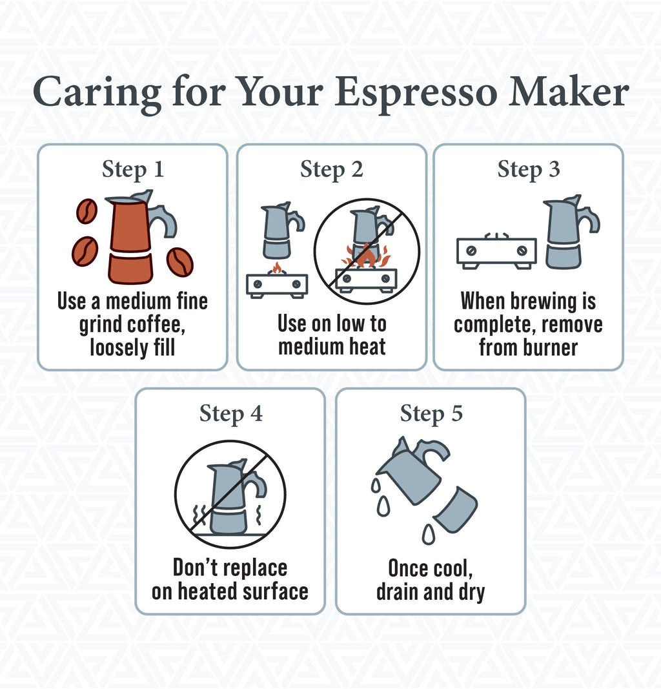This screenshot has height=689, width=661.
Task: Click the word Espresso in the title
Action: pos(416,93)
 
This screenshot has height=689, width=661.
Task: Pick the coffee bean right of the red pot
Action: pos(179,262)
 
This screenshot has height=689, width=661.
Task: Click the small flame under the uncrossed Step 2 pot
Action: pos(278,267)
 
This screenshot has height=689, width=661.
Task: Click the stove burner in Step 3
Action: pos(496,251)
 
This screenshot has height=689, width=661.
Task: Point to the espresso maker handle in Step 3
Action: pos(589,220)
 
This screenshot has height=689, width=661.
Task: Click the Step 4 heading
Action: pos(230,413)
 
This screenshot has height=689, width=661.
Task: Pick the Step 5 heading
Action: pos(431,413)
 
